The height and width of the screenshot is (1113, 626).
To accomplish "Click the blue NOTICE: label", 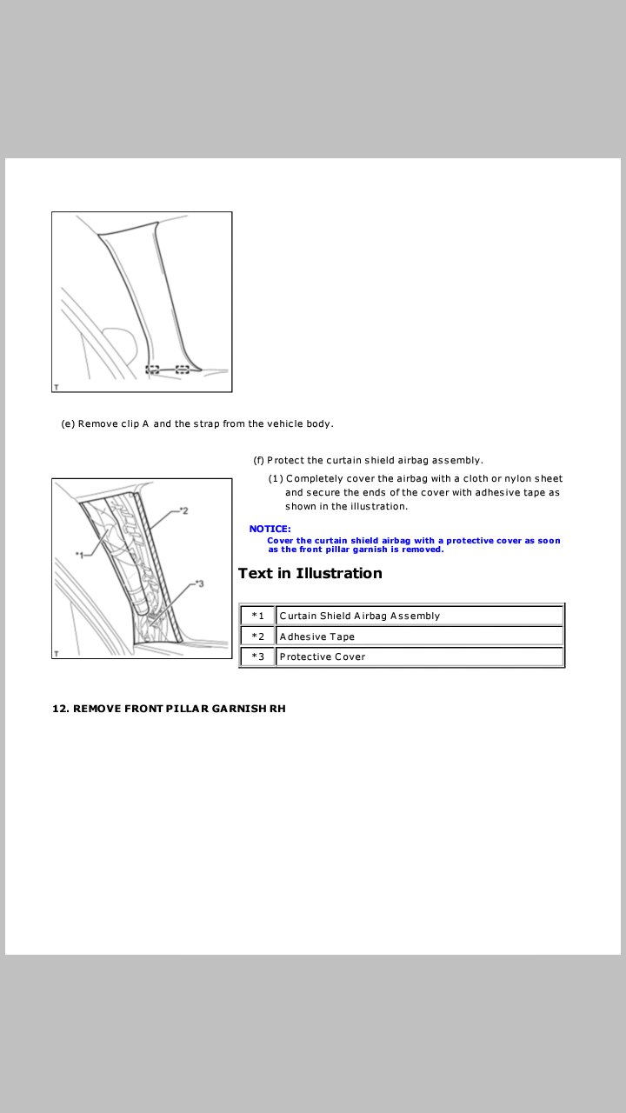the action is tap(270, 529).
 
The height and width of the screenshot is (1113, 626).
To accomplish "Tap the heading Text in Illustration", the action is tap(310, 573).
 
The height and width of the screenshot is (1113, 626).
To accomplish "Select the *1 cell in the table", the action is tap(258, 616).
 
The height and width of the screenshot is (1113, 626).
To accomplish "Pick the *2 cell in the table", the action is tap(258, 636).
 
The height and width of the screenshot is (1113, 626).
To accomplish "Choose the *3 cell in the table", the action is tap(258, 656).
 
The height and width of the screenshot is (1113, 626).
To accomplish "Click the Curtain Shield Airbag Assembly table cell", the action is tap(419, 616).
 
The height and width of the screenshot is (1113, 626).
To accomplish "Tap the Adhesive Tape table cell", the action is tap(419, 636).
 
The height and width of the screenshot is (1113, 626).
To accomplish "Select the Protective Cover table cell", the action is tap(419, 656).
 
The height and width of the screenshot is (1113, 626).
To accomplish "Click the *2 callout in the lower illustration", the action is tap(183, 510).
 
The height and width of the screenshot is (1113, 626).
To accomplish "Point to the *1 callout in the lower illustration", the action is tap(79, 555).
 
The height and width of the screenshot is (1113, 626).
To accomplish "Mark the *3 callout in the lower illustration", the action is tap(199, 583).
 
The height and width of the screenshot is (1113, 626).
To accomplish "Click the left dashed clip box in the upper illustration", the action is tap(152, 370).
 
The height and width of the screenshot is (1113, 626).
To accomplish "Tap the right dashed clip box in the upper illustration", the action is tap(183, 370).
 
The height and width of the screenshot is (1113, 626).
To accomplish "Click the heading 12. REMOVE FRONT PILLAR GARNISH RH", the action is tap(169, 709).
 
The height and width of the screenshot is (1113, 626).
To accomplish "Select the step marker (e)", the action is tap(68, 423).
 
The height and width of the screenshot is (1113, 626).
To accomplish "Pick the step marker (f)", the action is tap(258, 460).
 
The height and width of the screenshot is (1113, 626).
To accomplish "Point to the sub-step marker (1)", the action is tap(276, 478).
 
